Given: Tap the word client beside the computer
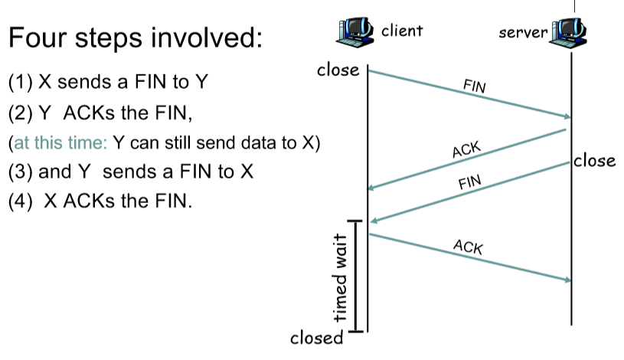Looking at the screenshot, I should tap(402, 31).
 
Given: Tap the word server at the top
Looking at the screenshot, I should tap(523, 33).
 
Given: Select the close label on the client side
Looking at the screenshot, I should tap(338, 70).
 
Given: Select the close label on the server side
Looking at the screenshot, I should tap(595, 161).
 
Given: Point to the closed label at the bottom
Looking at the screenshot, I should tap(316, 338).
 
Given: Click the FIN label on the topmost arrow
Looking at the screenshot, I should tap(475, 86).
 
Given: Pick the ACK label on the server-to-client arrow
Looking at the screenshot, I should tap(466, 149).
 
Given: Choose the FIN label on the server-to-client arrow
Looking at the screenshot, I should tap(469, 183).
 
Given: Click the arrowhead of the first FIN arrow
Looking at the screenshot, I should tap(568, 117).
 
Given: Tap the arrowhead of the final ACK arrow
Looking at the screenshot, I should tap(568, 280).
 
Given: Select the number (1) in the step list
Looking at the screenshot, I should tap(21, 80).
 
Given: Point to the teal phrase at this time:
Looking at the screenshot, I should tap(58, 143).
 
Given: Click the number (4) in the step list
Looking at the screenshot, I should tap(21, 203).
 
